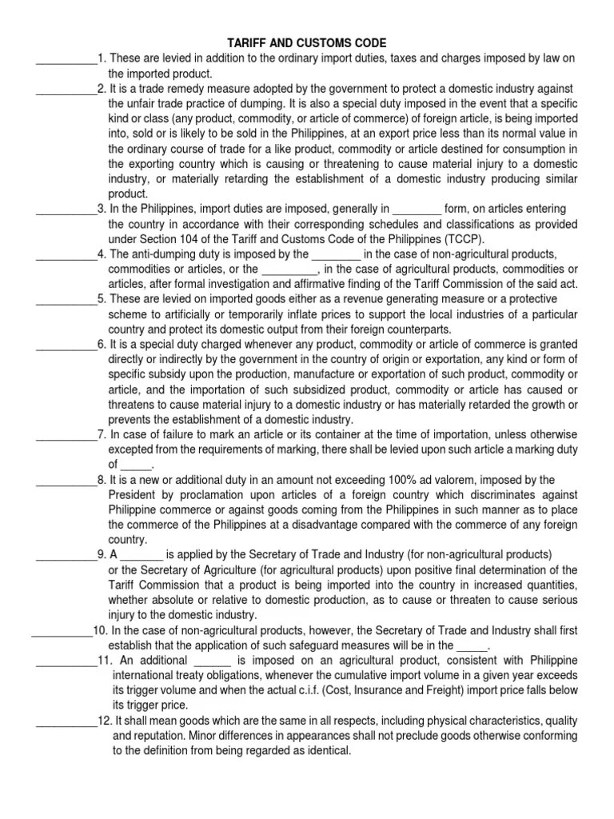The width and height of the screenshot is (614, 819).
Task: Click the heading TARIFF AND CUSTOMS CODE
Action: pyautogui.click(x=307, y=43)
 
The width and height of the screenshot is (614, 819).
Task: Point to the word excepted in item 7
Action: pyautogui.click(x=132, y=449)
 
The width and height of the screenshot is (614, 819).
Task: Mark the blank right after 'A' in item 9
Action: pyautogui.click(x=144, y=554)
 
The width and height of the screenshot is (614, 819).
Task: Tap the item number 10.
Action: pyautogui.click(x=100, y=629)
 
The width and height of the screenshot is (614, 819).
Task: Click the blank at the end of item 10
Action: pyautogui.click(x=472, y=645)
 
